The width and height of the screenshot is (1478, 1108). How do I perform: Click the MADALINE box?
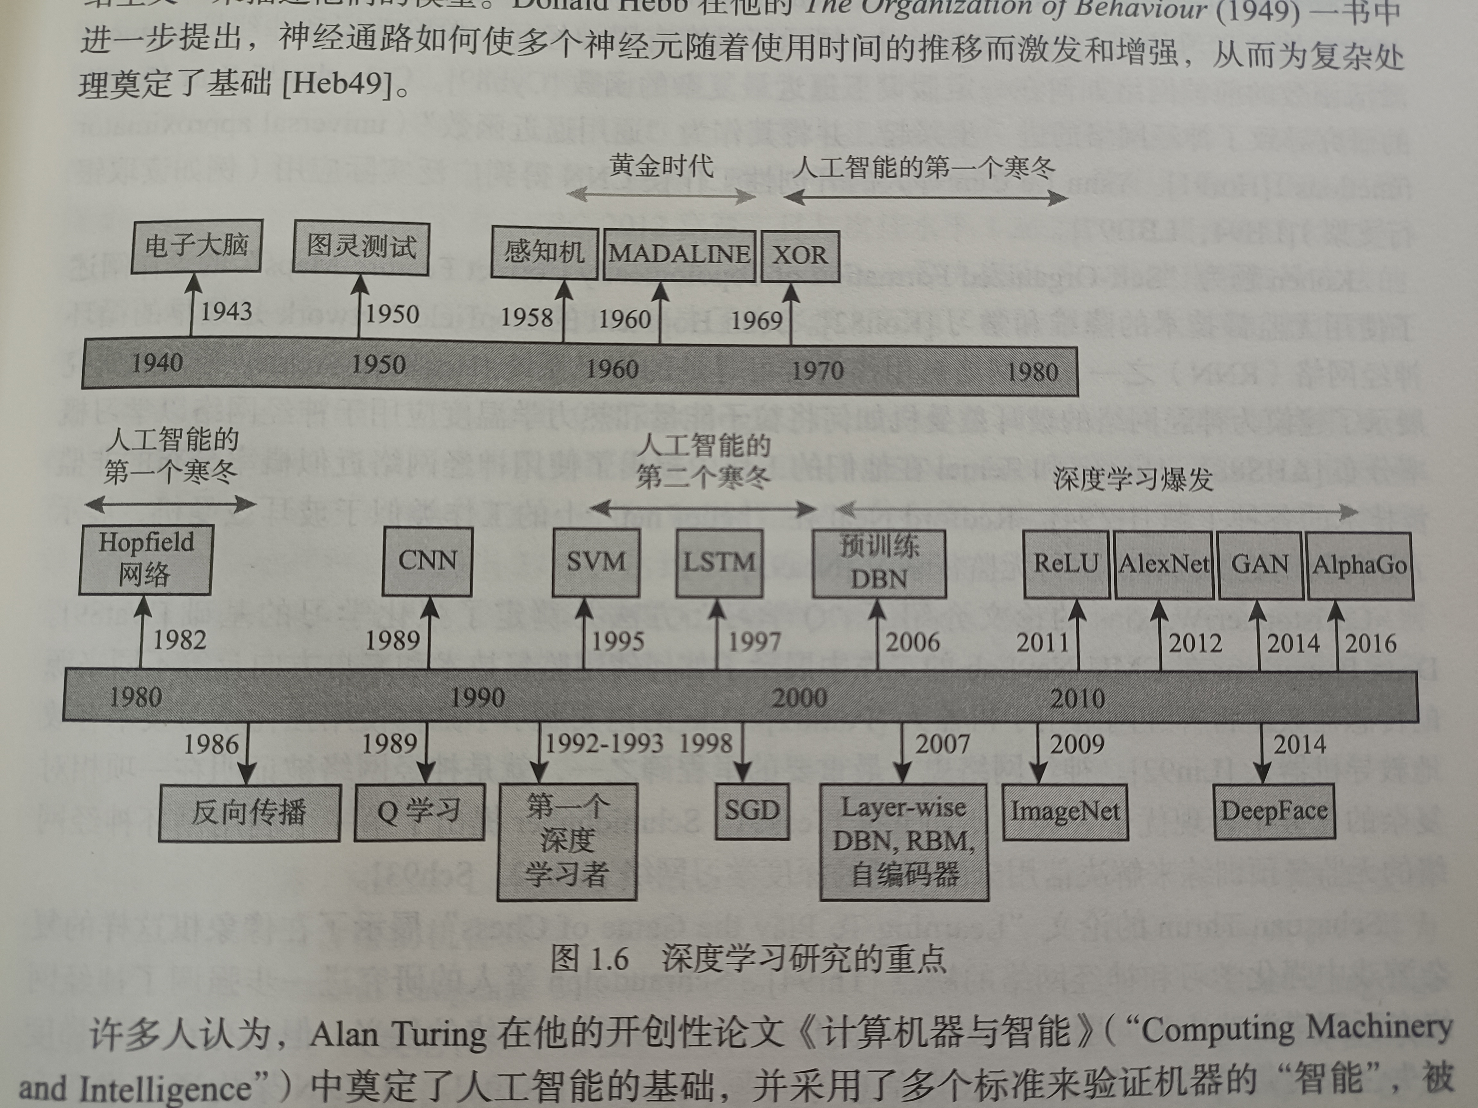point(679,255)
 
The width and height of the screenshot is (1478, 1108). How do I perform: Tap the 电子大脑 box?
point(196,246)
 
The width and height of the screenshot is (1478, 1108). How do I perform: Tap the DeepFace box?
point(1274,811)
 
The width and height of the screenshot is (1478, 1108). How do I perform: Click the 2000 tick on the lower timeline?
point(800,698)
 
